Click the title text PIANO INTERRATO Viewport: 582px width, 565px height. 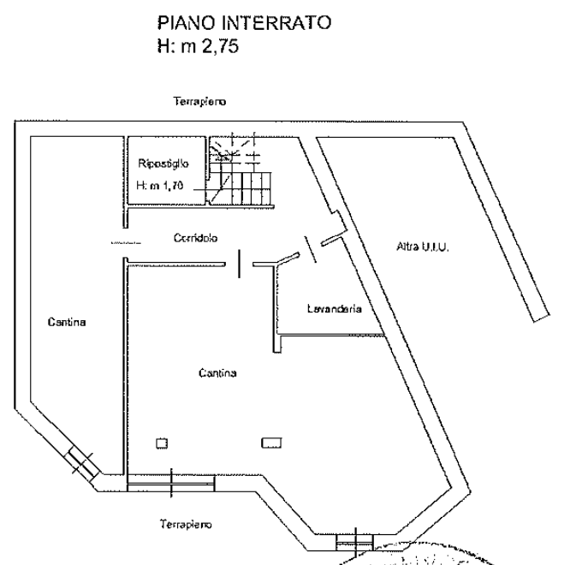244,22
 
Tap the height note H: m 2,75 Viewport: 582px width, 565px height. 198,46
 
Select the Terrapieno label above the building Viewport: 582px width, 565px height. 199,101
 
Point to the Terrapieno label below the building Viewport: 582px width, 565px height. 186,524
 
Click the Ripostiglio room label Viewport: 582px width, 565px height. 163,164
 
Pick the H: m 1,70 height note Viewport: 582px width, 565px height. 159,185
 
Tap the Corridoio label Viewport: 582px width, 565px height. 196,238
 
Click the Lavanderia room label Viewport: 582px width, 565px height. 335,308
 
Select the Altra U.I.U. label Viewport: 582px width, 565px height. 423,247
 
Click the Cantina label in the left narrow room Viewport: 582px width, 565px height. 67,322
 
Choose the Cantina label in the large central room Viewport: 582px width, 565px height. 217,372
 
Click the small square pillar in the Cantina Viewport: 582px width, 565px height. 162,443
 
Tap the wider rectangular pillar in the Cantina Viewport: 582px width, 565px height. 271,443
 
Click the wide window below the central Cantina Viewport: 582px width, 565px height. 171,483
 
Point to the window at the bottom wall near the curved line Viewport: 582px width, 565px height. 355,543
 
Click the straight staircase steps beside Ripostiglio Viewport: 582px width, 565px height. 241,188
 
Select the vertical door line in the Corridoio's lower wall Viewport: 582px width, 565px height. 239,264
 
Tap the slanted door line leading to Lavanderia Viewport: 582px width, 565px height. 311,249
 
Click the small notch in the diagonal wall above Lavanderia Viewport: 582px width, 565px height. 339,221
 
